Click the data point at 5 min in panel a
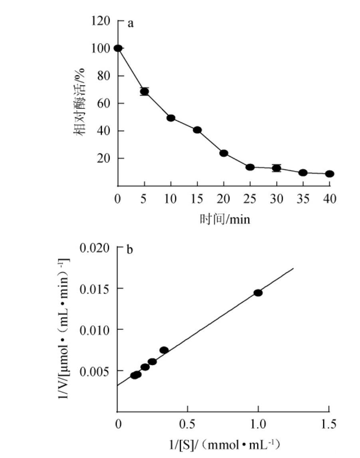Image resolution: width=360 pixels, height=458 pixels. (x=144, y=91)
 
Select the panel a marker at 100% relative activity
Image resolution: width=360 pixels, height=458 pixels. (x=118, y=48)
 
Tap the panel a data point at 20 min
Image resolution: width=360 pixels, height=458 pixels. (x=224, y=153)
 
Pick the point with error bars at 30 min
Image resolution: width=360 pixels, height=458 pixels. (x=276, y=168)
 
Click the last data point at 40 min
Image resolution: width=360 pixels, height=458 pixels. (x=329, y=174)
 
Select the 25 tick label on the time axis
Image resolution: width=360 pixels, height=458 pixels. (x=250, y=198)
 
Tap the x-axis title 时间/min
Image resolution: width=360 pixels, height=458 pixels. (x=225, y=219)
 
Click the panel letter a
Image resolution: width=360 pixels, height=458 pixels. (x=130, y=23)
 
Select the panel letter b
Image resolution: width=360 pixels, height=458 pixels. (x=130, y=250)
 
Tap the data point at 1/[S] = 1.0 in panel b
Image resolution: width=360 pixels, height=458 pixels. (x=258, y=293)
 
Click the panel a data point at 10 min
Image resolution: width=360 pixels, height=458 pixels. (x=171, y=118)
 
